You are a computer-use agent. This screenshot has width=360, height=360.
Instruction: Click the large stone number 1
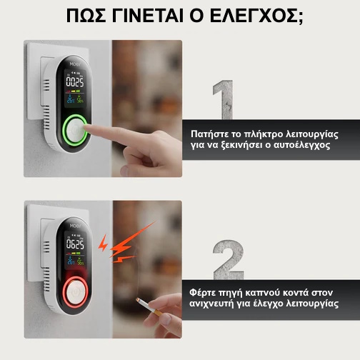[x=223, y=99]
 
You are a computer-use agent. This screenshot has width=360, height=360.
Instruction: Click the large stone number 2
[x=229, y=260]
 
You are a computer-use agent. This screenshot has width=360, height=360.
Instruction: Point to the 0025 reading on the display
[x=75, y=82]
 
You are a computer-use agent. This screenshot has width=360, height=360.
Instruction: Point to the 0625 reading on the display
[x=75, y=244]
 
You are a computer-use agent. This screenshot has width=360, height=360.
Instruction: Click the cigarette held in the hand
[x=149, y=307]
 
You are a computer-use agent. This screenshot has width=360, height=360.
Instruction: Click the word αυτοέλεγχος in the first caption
[x=302, y=145]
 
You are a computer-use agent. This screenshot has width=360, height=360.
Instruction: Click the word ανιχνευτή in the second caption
[x=211, y=304]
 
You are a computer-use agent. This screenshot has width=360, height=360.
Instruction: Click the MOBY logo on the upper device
[x=75, y=64]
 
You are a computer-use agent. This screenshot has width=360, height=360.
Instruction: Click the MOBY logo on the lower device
[x=76, y=226]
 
